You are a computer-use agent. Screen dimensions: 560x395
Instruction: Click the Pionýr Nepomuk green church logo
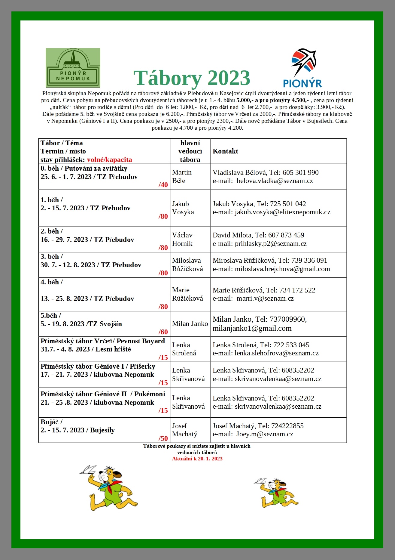tap(73, 68)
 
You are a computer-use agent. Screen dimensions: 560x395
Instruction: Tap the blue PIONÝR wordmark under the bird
tap(302, 83)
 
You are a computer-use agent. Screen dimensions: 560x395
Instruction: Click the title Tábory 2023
tap(192, 78)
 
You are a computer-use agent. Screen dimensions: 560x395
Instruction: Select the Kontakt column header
tap(225, 151)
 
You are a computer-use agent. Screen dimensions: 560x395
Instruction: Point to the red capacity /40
tap(163, 185)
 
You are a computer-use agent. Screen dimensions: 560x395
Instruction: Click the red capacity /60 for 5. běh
tap(163, 332)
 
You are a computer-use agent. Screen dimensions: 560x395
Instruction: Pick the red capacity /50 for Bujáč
tap(163, 438)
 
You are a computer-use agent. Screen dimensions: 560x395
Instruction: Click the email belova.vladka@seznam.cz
tap(275, 181)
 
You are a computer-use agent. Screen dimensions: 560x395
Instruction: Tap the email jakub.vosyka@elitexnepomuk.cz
tap(282, 212)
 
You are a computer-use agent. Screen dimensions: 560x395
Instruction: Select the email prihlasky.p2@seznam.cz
tap(270, 244)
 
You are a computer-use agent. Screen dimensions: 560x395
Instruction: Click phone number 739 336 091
tap(305, 261)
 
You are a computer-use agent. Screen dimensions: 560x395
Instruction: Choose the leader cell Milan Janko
tap(190, 324)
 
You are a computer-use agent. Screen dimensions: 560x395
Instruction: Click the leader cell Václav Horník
tap(182, 240)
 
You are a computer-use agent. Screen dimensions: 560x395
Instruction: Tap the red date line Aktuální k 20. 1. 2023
tap(197, 459)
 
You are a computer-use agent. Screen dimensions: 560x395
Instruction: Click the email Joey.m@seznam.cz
tap(264, 434)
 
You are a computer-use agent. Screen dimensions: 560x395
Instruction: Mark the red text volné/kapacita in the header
tap(109, 160)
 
